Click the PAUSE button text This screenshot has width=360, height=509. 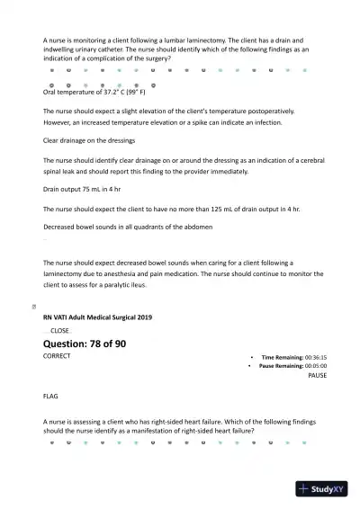(x=317, y=375)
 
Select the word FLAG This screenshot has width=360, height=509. (x=51, y=396)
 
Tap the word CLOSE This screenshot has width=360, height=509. (x=59, y=331)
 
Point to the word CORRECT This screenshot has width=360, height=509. (x=57, y=356)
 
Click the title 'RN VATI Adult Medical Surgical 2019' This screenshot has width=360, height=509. (x=97, y=317)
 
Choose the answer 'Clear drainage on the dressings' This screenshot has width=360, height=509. (x=89, y=140)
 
